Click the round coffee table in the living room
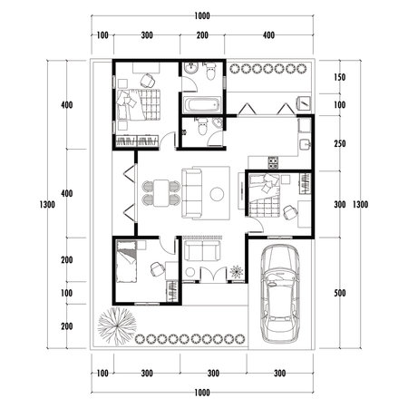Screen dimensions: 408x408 point(218,193)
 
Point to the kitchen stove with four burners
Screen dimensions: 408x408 point(269,163)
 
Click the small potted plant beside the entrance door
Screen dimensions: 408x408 point(237,271)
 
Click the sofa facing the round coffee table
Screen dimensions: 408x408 point(194,193)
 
